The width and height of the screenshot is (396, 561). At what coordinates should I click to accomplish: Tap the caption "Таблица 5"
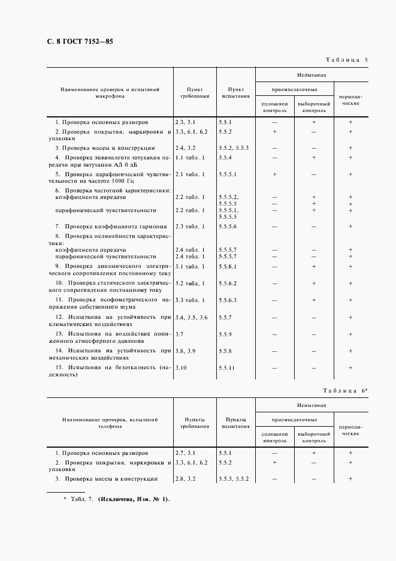click(x=346, y=61)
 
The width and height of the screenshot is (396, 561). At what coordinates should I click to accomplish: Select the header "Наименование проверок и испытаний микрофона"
click(x=110, y=92)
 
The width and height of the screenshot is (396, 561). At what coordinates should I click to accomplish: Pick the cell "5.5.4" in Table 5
click(x=226, y=158)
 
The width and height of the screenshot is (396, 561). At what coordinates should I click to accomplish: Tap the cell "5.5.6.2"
click(x=228, y=283)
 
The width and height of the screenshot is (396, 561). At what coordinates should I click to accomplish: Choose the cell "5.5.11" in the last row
click(x=227, y=367)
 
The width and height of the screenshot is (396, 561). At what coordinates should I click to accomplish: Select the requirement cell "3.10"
click(x=182, y=367)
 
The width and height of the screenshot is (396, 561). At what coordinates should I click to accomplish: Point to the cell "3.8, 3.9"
click(x=185, y=350)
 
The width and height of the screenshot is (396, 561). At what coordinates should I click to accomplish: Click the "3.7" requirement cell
click(x=179, y=333)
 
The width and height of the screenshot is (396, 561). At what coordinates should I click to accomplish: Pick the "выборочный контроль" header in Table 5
click(x=314, y=107)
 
